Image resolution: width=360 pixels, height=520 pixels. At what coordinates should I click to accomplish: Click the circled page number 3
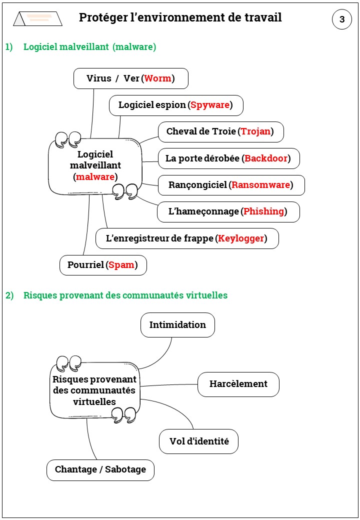click(x=342, y=19)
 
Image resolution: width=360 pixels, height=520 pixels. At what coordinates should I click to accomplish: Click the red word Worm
click(x=157, y=78)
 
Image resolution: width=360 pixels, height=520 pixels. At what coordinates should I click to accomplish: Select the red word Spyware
click(x=210, y=105)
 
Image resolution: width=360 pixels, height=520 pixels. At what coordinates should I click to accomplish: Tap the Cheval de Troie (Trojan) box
click(x=221, y=132)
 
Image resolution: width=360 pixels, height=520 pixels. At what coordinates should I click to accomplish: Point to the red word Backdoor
click(x=266, y=158)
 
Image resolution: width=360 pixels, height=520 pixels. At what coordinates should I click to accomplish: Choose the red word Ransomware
click(x=261, y=185)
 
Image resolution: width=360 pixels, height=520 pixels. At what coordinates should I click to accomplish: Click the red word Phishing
click(x=263, y=211)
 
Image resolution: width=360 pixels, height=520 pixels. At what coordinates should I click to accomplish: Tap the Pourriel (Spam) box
click(x=103, y=265)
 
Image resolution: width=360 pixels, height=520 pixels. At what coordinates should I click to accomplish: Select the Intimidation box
click(x=177, y=325)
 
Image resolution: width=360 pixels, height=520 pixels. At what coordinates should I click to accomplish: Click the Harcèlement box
click(x=238, y=384)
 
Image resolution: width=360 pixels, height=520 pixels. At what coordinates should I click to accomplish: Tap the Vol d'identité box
click(x=199, y=441)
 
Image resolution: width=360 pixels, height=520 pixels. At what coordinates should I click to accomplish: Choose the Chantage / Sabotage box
click(x=100, y=470)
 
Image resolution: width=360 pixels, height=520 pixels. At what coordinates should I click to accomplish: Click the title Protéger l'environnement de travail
click(x=180, y=18)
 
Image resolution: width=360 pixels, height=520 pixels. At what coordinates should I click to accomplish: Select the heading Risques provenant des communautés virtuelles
click(x=125, y=295)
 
